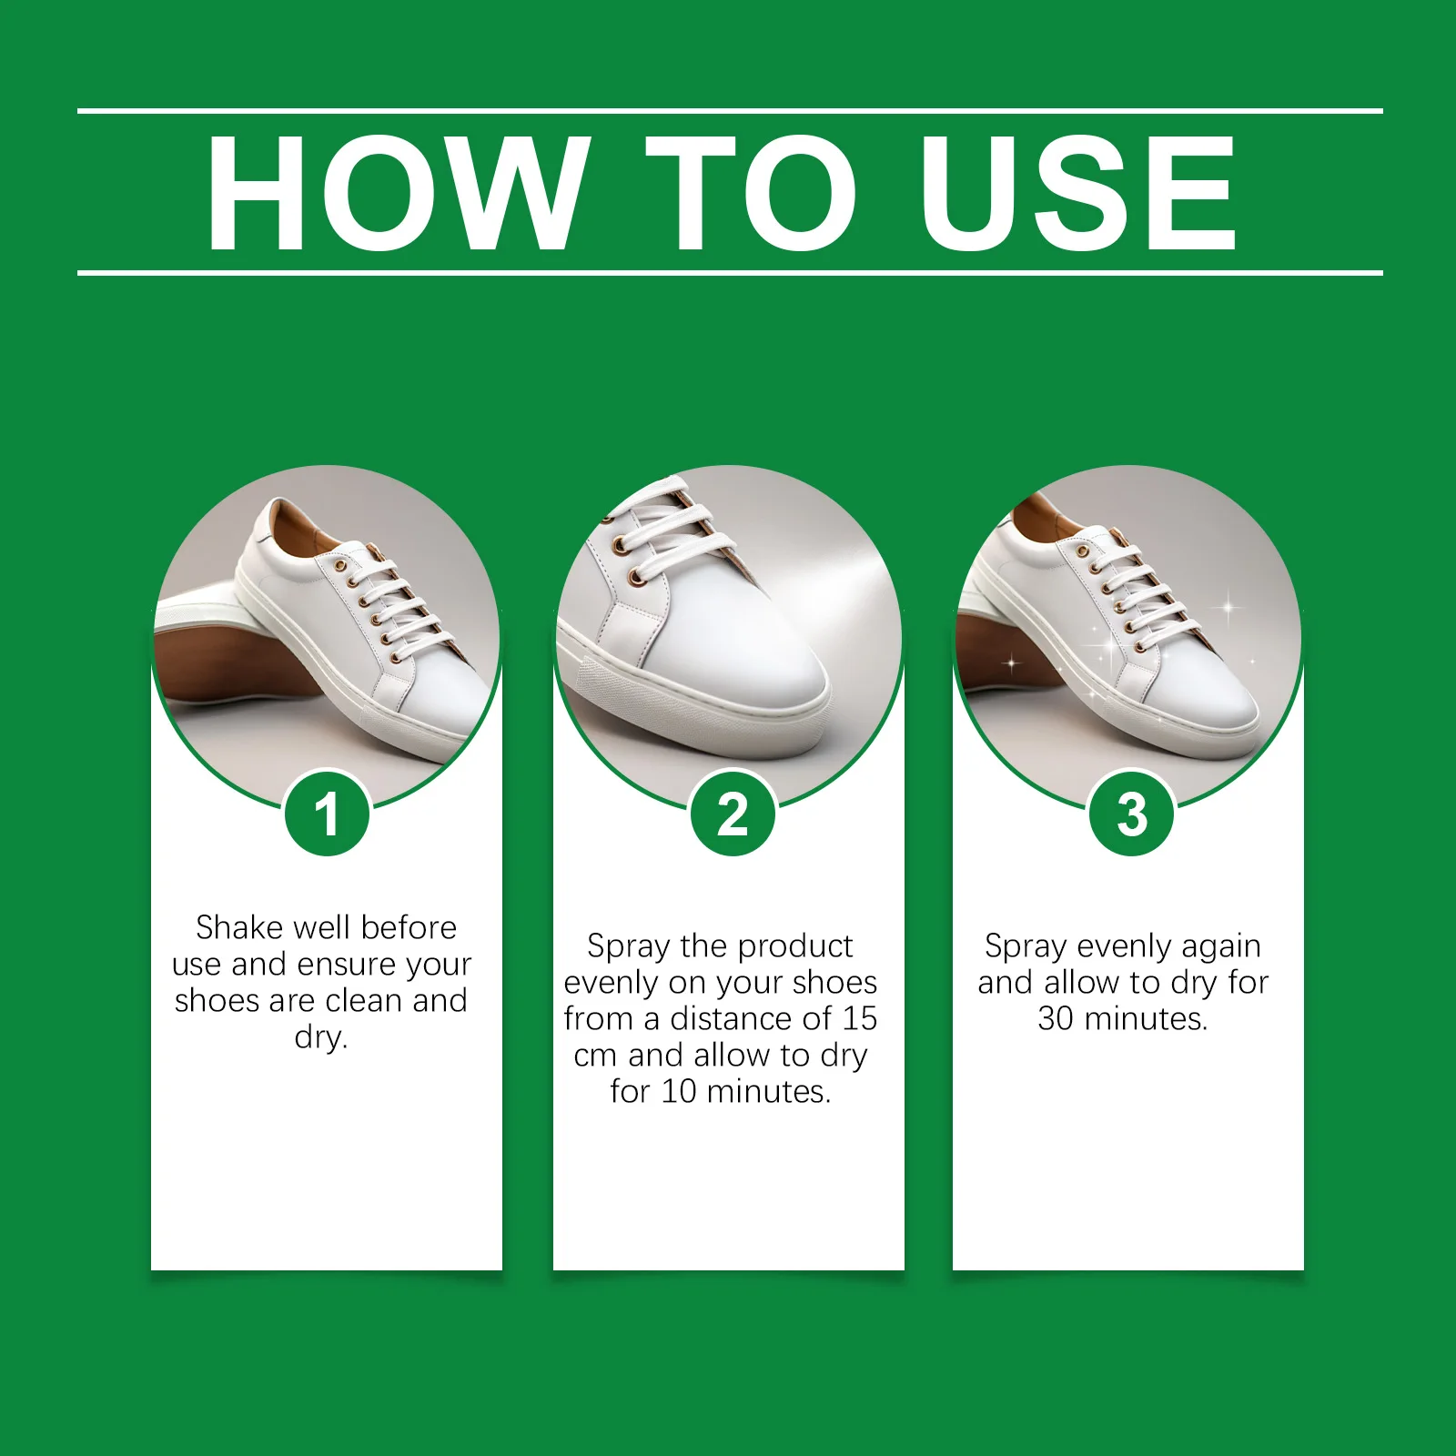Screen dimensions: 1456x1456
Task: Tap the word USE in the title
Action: [1077, 192]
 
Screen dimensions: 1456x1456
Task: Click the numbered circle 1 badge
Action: [327, 814]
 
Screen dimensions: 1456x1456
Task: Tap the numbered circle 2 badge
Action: [733, 814]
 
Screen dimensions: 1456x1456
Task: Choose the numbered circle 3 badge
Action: [1132, 814]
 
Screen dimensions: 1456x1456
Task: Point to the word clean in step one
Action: [364, 1000]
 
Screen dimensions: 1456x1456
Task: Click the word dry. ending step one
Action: [321, 1036]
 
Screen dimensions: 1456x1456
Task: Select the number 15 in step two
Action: [859, 1018]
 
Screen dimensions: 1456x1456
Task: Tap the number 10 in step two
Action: [679, 1091]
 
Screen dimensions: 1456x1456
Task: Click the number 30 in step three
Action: [1056, 1018]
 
